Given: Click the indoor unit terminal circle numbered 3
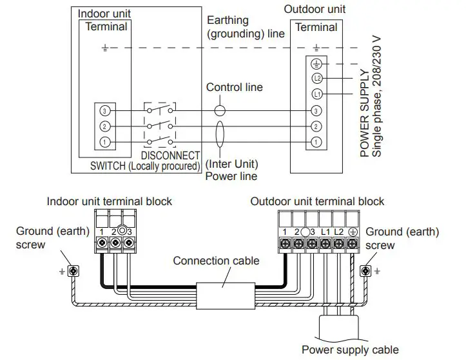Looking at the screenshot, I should click(x=105, y=110).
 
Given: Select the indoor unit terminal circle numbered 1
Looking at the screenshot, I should click(x=105, y=141).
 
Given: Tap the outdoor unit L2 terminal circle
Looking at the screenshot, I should click(x=316, y=79).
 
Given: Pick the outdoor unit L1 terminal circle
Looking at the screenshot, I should click(x=316, y=94).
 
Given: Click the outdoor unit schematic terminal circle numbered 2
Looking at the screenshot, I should click(x=316, y=126).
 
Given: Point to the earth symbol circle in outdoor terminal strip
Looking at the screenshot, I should click(x=316, y=64).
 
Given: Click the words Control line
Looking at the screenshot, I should click(x=234, y=87).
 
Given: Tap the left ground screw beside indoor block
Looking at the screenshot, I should click(x=73, y=269).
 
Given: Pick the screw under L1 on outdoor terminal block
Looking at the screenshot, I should click(x=325, y=243).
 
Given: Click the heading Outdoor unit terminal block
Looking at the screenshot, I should click(x=317, y=201).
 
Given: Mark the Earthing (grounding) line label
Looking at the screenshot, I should click(x=246, y=27).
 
